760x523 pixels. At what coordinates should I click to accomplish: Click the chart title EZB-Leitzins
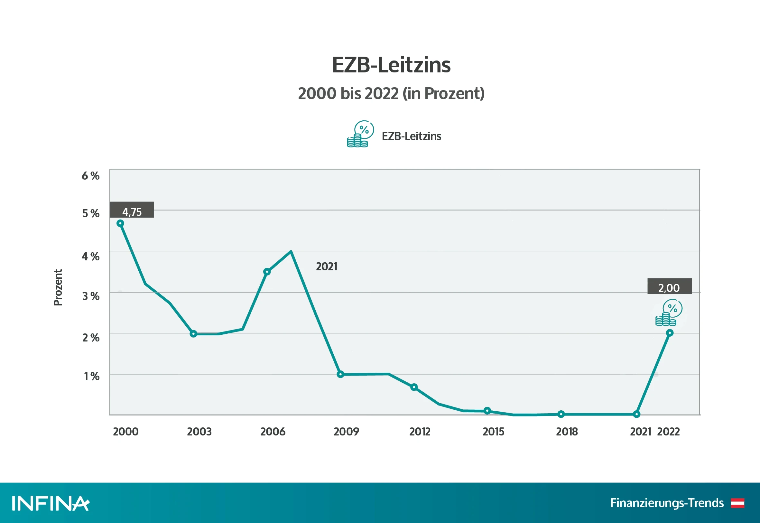(391, 65)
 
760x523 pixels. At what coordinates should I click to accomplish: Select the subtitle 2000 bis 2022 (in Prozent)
(391, 93)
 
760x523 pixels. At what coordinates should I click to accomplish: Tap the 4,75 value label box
(132, 210)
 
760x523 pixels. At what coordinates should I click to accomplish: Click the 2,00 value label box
(669, 286)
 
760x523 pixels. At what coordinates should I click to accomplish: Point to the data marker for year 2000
(120, 223)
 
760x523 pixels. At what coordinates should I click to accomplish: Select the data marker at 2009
(340, 374)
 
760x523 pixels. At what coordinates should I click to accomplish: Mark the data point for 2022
(670, 333)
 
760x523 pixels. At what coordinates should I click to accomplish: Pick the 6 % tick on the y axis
(90, 176)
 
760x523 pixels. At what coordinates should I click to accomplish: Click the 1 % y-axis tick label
(91, 376)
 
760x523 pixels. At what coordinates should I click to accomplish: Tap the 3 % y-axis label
(91, 296)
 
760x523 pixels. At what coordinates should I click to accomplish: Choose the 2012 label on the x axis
(420, 432)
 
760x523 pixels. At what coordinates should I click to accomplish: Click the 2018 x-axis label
(567, 432)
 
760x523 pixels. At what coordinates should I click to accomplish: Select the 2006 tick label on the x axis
(273, 432)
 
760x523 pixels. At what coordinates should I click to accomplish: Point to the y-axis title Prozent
(58, 287)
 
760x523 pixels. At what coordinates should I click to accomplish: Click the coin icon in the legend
(360, 134)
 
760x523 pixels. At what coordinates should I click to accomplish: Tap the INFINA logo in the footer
(51, 503)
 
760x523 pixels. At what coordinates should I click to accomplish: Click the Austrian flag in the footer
(737, 503)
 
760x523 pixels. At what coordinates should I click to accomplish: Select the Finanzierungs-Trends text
(667, 503)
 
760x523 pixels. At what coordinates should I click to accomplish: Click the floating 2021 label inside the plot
(326, 267)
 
